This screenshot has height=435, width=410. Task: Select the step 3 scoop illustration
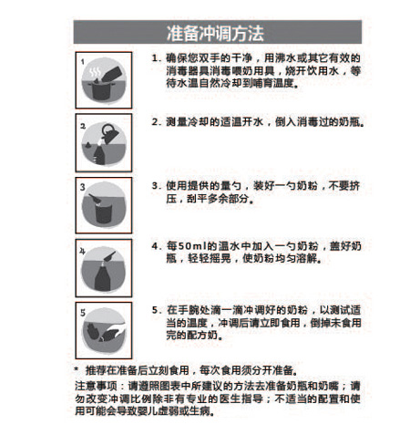(x=101, y=202)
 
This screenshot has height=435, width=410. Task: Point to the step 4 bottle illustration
(x=101, y=265)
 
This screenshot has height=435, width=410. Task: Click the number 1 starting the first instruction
(x=155, y=57)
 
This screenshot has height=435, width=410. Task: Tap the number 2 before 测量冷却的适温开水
(x=155, y=121)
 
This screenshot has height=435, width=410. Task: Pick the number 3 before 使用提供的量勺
(x=155, y=182)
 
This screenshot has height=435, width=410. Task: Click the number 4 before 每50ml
(x=155, y=246)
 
